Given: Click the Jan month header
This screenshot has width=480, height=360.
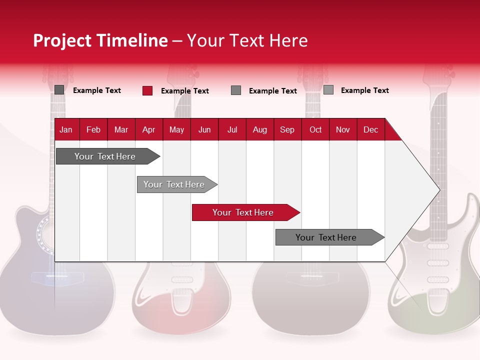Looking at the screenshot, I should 66,129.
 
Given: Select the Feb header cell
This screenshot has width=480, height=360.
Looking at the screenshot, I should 93,129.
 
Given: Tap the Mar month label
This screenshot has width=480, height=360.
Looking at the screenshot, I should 121,129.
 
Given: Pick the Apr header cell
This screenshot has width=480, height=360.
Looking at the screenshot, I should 148,129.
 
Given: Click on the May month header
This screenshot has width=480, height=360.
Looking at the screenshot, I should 176,129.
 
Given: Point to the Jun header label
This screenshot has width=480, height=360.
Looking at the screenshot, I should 204,129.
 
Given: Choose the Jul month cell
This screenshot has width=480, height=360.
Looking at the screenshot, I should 232,129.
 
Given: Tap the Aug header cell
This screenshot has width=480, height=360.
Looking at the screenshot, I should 260,129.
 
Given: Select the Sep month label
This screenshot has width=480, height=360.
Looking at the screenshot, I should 287,129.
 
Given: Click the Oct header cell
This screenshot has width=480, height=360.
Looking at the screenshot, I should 315,129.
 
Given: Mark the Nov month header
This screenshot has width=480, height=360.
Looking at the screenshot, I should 343,129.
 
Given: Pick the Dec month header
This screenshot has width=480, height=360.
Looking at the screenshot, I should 370,129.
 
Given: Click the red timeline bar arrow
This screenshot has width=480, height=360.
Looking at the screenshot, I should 245,212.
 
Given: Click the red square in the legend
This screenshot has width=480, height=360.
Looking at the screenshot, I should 147,90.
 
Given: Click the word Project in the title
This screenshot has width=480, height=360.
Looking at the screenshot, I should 62,40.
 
